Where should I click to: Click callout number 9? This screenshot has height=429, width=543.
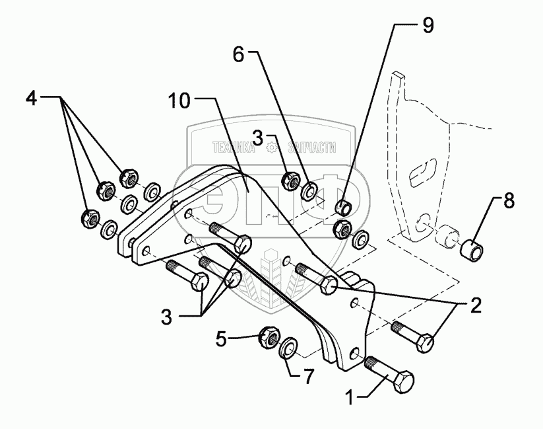[428, 26]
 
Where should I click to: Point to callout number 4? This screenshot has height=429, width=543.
[32, 98]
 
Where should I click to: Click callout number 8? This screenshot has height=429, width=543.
[509, 201]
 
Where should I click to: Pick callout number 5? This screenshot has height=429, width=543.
[222, 339]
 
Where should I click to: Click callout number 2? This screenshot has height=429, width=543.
[475, 305]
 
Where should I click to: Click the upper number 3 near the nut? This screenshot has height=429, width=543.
[258, 137]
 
